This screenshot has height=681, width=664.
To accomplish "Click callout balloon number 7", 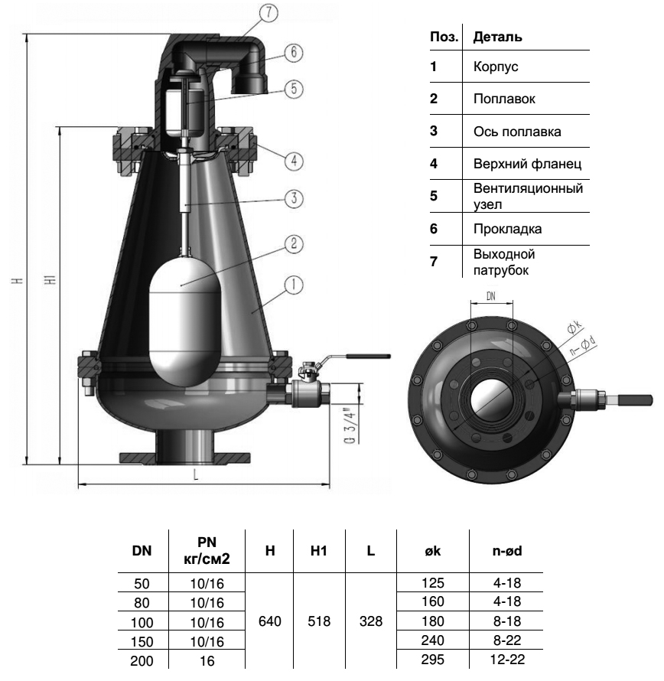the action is click(269, 12).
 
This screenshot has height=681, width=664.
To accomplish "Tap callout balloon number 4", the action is click(294, 161).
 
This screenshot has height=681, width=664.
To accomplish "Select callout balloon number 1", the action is click(294, 285).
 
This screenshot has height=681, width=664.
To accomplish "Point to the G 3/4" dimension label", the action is click(350, 425).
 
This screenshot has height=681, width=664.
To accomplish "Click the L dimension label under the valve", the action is click(196, 474).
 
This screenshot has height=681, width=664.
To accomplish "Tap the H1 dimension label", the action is click(50, 279).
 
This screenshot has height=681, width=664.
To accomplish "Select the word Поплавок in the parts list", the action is click(504, 99).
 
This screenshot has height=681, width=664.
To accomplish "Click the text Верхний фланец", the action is click(527, 164).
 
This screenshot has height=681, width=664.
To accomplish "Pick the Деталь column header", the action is click(498, 37).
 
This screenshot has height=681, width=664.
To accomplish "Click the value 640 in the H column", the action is click(270, 621).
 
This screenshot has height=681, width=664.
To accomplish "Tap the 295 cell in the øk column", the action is click(432, 660).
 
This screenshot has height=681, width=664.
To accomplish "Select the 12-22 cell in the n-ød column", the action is click(507, 660).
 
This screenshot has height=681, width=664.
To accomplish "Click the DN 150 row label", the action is click(142, 642).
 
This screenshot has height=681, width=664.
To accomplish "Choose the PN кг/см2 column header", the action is click(207, 551).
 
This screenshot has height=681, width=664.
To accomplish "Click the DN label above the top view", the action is click(491, 296).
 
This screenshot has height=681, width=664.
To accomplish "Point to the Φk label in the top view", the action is click(574, 327).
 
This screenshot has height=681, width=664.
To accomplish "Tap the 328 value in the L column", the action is click(371, 621).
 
